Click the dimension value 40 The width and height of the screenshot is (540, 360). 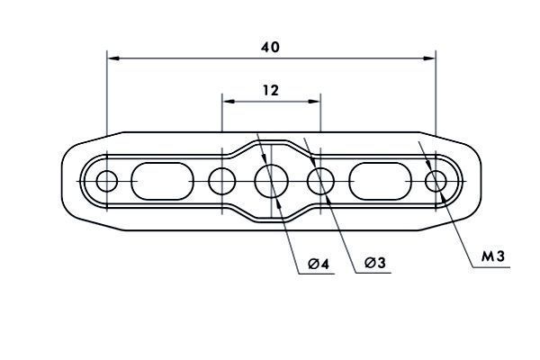point(270,47)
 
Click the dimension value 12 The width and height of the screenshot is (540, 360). point(271,91)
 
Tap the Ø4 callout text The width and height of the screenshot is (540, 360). point(319,265)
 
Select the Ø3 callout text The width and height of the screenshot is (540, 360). point(375,263)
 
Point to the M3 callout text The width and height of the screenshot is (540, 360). point(493,256)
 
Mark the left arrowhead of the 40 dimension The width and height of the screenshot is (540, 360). point(113,58)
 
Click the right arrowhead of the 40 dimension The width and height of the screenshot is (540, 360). point(429,58)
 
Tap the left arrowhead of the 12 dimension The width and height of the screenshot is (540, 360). point(229,102)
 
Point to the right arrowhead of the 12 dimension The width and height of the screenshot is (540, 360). point(314,102)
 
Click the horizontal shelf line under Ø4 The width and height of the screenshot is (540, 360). point(317,274)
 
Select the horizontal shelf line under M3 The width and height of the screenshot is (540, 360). point(491,267)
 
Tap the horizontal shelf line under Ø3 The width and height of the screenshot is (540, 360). point(373,274)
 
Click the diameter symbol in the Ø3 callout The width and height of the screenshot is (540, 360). point(370,263)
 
